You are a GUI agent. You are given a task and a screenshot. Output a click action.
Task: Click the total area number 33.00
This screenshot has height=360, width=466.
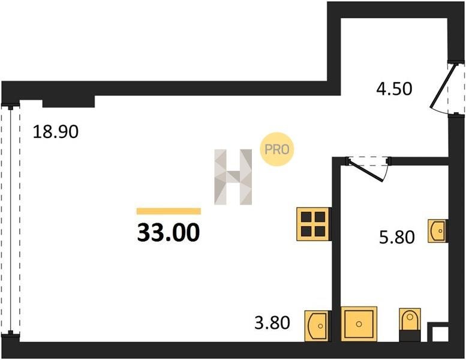pyautogui.click(x=168, y=233)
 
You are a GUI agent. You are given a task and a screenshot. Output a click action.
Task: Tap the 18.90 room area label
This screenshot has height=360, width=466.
pyautogui.click(x=56, y=131)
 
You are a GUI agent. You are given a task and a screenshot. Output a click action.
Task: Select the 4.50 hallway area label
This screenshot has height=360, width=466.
pyautogui.click(x=394, y=89)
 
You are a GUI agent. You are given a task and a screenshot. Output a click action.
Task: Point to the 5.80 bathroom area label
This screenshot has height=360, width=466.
pyautogui.click(x=397, y=238)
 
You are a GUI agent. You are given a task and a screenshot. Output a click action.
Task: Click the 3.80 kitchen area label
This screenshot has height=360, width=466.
pyautogui.click(x=272, y=323)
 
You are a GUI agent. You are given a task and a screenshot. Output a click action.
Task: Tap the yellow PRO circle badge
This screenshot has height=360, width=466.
pyautogui.click(x=276, y=149)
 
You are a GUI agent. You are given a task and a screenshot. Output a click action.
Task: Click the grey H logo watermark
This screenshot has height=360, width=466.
pyautogui.click(x=233, y=177)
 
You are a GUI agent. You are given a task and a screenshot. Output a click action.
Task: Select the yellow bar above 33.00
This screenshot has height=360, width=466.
pyautogui.click(x=169, y=211)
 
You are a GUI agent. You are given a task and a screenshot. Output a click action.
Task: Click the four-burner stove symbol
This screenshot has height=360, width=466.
pyautogui.click(x=313, y=224)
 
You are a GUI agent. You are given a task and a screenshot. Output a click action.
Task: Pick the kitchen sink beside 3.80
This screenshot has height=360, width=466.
pyautogui.click(x=317, y=326)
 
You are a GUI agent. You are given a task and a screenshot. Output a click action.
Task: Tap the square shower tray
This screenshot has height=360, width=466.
pyautogui.click(x=359, y=324)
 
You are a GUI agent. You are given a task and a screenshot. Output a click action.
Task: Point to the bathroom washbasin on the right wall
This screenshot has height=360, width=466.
pyautogui.click(x=437, y=230)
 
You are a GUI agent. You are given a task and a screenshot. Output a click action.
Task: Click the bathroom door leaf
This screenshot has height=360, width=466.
pyautogui.click(x=365, y=170)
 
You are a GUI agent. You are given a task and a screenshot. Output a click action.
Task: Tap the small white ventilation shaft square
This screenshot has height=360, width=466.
pyautogui.click(x=440, y=334)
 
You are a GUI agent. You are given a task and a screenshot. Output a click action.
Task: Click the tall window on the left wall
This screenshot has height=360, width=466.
pyautogui.click(x=10, y=220)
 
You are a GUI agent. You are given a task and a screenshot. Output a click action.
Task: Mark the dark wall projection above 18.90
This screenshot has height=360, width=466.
pyautogui.click(x=68, y=101)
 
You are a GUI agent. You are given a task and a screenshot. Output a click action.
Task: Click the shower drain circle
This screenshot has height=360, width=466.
pyautogui.click(x=359, y=324)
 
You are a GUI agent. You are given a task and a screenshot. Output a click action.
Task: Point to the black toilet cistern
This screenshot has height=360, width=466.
pyautogui.click(x=410, y=335)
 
